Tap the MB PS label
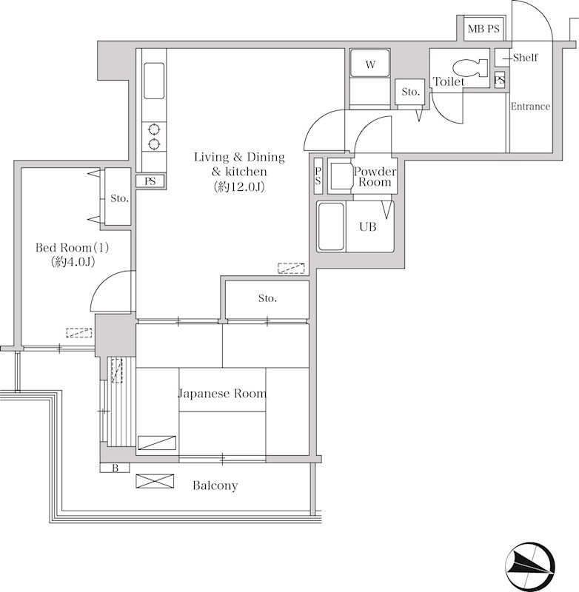pos(483,29)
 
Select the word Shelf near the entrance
pos(526,58)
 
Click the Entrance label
pos(530,107)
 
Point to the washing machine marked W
pos(370,64)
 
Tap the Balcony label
pos(215,485)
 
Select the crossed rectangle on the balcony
pos(155,482)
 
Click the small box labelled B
pos(115,468)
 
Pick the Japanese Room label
pos(222,394)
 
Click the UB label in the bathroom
pos(368,227)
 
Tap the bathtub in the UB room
pos(331,226)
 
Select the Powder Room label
pos(375,177)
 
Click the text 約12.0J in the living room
pos(238,186)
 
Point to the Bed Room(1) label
pos(72,248)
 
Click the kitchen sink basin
pos(154,81)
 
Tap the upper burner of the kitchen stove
pos(154,129)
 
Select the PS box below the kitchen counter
pos(150,181)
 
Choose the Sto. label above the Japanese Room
pos(267,298)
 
